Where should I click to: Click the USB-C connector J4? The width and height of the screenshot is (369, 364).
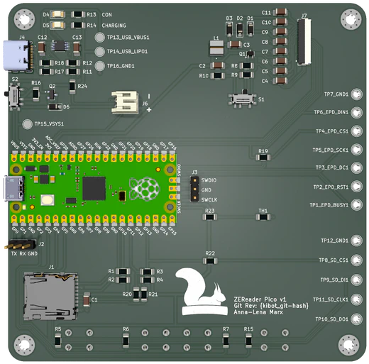[x=17, y=55]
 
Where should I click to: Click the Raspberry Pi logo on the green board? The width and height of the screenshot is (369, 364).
[x=145, y=189]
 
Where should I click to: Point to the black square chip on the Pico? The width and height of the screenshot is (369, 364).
[x=94, y=188]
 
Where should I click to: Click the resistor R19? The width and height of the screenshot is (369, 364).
[x=263, y=161]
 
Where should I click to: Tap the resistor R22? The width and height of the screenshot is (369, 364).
[x=210, y=260]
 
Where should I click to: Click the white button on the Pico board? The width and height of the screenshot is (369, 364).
[x=49, y=200]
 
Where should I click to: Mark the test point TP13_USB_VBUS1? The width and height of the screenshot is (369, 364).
[x=99, y=37]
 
